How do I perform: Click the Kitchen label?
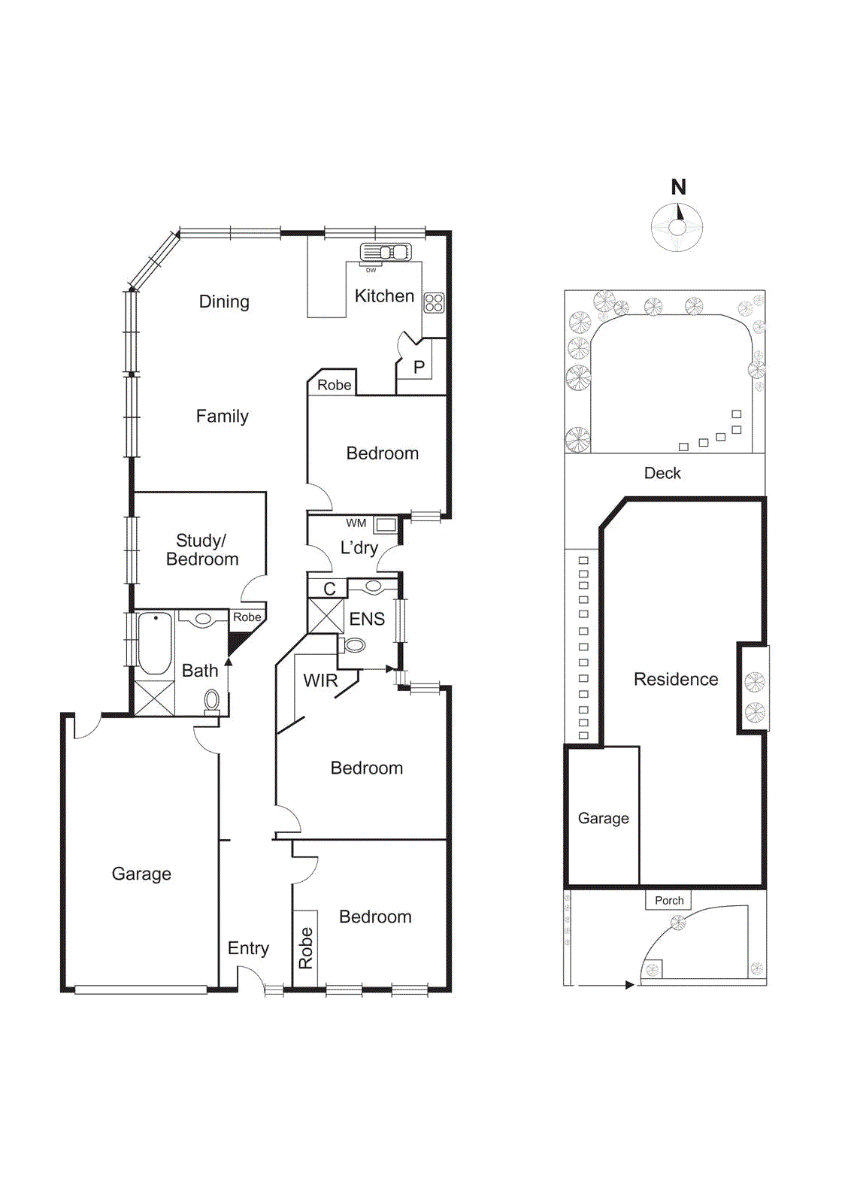[x=384, y=296]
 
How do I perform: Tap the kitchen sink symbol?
[x=386, y=252]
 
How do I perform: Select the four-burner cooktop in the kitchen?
[x=434, y=303]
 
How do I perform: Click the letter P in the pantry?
[x=419, y=367]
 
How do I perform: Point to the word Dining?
[x=224, y=302]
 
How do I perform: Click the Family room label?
[x=222, y=417]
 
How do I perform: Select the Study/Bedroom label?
[x=201, y=550]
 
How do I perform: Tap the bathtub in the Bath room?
[x=155, y=644]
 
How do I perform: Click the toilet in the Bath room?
[x=212, y=701]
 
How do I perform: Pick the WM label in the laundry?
[x=356, y=523]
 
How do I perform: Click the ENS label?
[x=367, y=619]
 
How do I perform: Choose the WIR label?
[x=320, y=680]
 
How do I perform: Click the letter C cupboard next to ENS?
[x=329, y=589]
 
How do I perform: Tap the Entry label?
[x=248, y=948]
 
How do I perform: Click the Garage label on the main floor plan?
[x=141, y=874]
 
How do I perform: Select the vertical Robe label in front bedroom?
[x=305, y=948]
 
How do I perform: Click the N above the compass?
[x=678, y=187]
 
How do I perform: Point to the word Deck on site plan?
[x=662, y=473]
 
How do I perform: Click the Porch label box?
[x=668, y=900]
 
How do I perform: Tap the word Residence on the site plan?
[x=676, y=680]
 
